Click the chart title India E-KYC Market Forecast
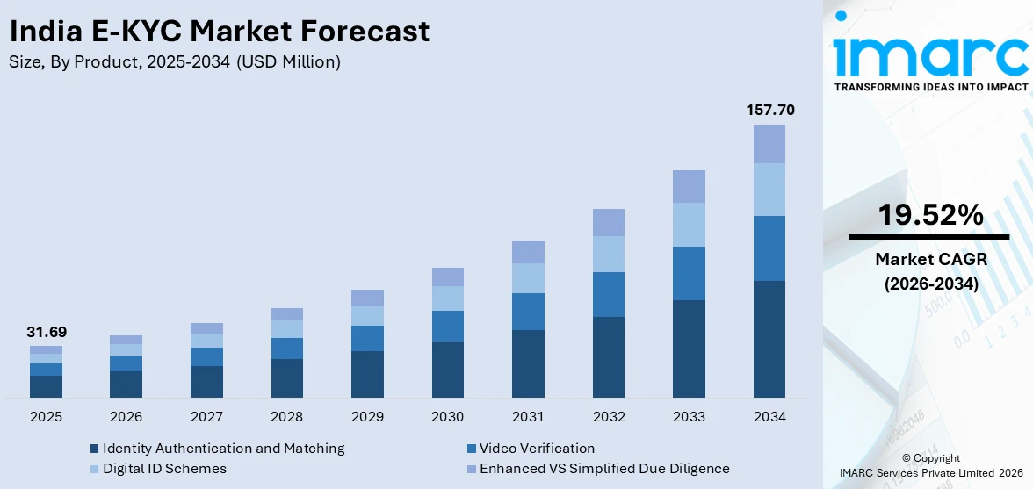coord(219,32)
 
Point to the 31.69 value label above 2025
coord(46,333)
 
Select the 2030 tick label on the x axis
coord(448,416)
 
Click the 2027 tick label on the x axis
coord(206,416)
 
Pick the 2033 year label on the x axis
coord(689,416)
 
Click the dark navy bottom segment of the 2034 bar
coord(769,339)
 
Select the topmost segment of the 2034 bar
coord(769,144)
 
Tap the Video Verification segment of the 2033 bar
coord(689,273)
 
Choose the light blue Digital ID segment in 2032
coord(608,254)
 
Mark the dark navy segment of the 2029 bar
coord(367,374)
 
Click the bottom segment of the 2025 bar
coord(46,386)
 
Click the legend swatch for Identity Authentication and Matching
coord(94,449)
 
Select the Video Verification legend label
coord(537,449)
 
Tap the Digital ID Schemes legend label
coord(164,469)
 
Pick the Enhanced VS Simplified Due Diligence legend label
coord(604,469)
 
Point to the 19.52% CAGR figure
coord(930,215)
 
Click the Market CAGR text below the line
coord(930,259)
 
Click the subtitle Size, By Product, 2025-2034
coord(174,62)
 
